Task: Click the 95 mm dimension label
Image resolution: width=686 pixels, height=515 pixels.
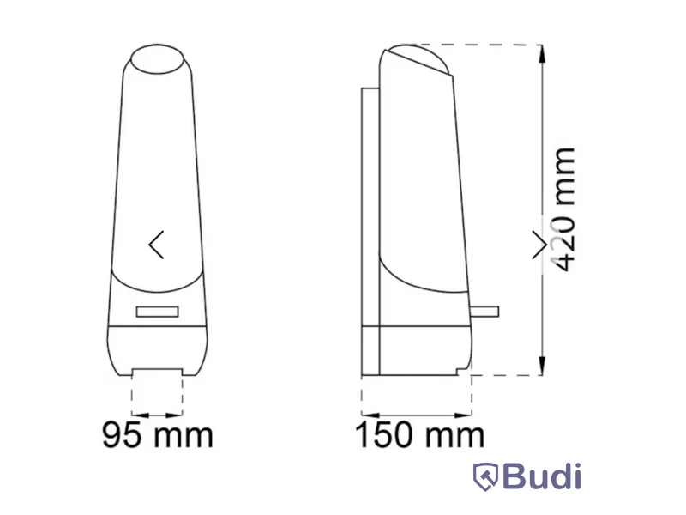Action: click(x=158, y=435)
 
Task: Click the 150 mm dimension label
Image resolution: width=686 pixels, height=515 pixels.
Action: click(x=420, y=435)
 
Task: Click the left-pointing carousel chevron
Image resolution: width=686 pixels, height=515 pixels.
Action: click(x=156, y=245)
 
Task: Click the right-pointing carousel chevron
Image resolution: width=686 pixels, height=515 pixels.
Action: click(x=540, y=245)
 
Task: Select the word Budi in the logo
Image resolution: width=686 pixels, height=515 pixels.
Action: click(x=542, y=476)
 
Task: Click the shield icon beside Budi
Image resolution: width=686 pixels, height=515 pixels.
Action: click(x=485, y=477)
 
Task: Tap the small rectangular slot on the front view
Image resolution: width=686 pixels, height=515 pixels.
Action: click(x=157, y=312)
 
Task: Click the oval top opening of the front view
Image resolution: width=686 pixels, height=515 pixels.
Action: click(x=158, y=58)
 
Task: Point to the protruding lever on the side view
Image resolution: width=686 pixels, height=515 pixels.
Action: click(x=484, y=312)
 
